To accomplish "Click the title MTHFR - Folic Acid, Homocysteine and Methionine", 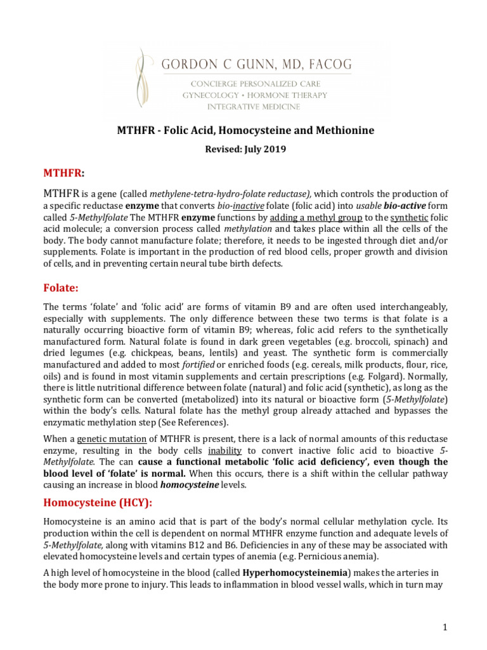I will point(245,131).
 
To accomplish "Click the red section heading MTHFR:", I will point(63,173).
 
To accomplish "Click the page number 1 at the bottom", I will point(446,627).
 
